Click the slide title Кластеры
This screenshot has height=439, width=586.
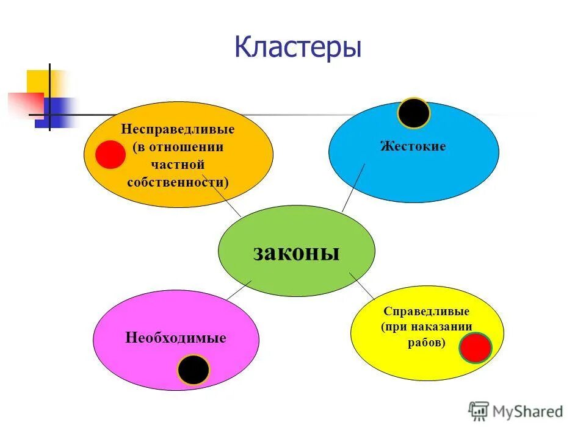tap(298, 47)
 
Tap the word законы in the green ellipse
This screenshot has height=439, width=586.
tap(296, 252)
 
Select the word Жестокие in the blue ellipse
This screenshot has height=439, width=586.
tap(413, 146)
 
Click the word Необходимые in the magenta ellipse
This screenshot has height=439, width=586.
tap(176, 338)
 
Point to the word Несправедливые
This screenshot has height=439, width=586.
tap(178, 130)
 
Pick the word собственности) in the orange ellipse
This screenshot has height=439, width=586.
tap(178, 182)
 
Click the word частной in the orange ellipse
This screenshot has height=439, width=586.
tap(177, 165)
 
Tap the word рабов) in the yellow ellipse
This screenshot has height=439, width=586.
tap(427, 343)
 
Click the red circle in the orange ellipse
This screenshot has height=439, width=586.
tap(110, 154)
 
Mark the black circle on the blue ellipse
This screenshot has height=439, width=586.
tap(414, 113)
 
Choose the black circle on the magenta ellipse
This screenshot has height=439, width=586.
tap(194, 369)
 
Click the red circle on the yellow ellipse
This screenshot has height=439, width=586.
tap(476, 348)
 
